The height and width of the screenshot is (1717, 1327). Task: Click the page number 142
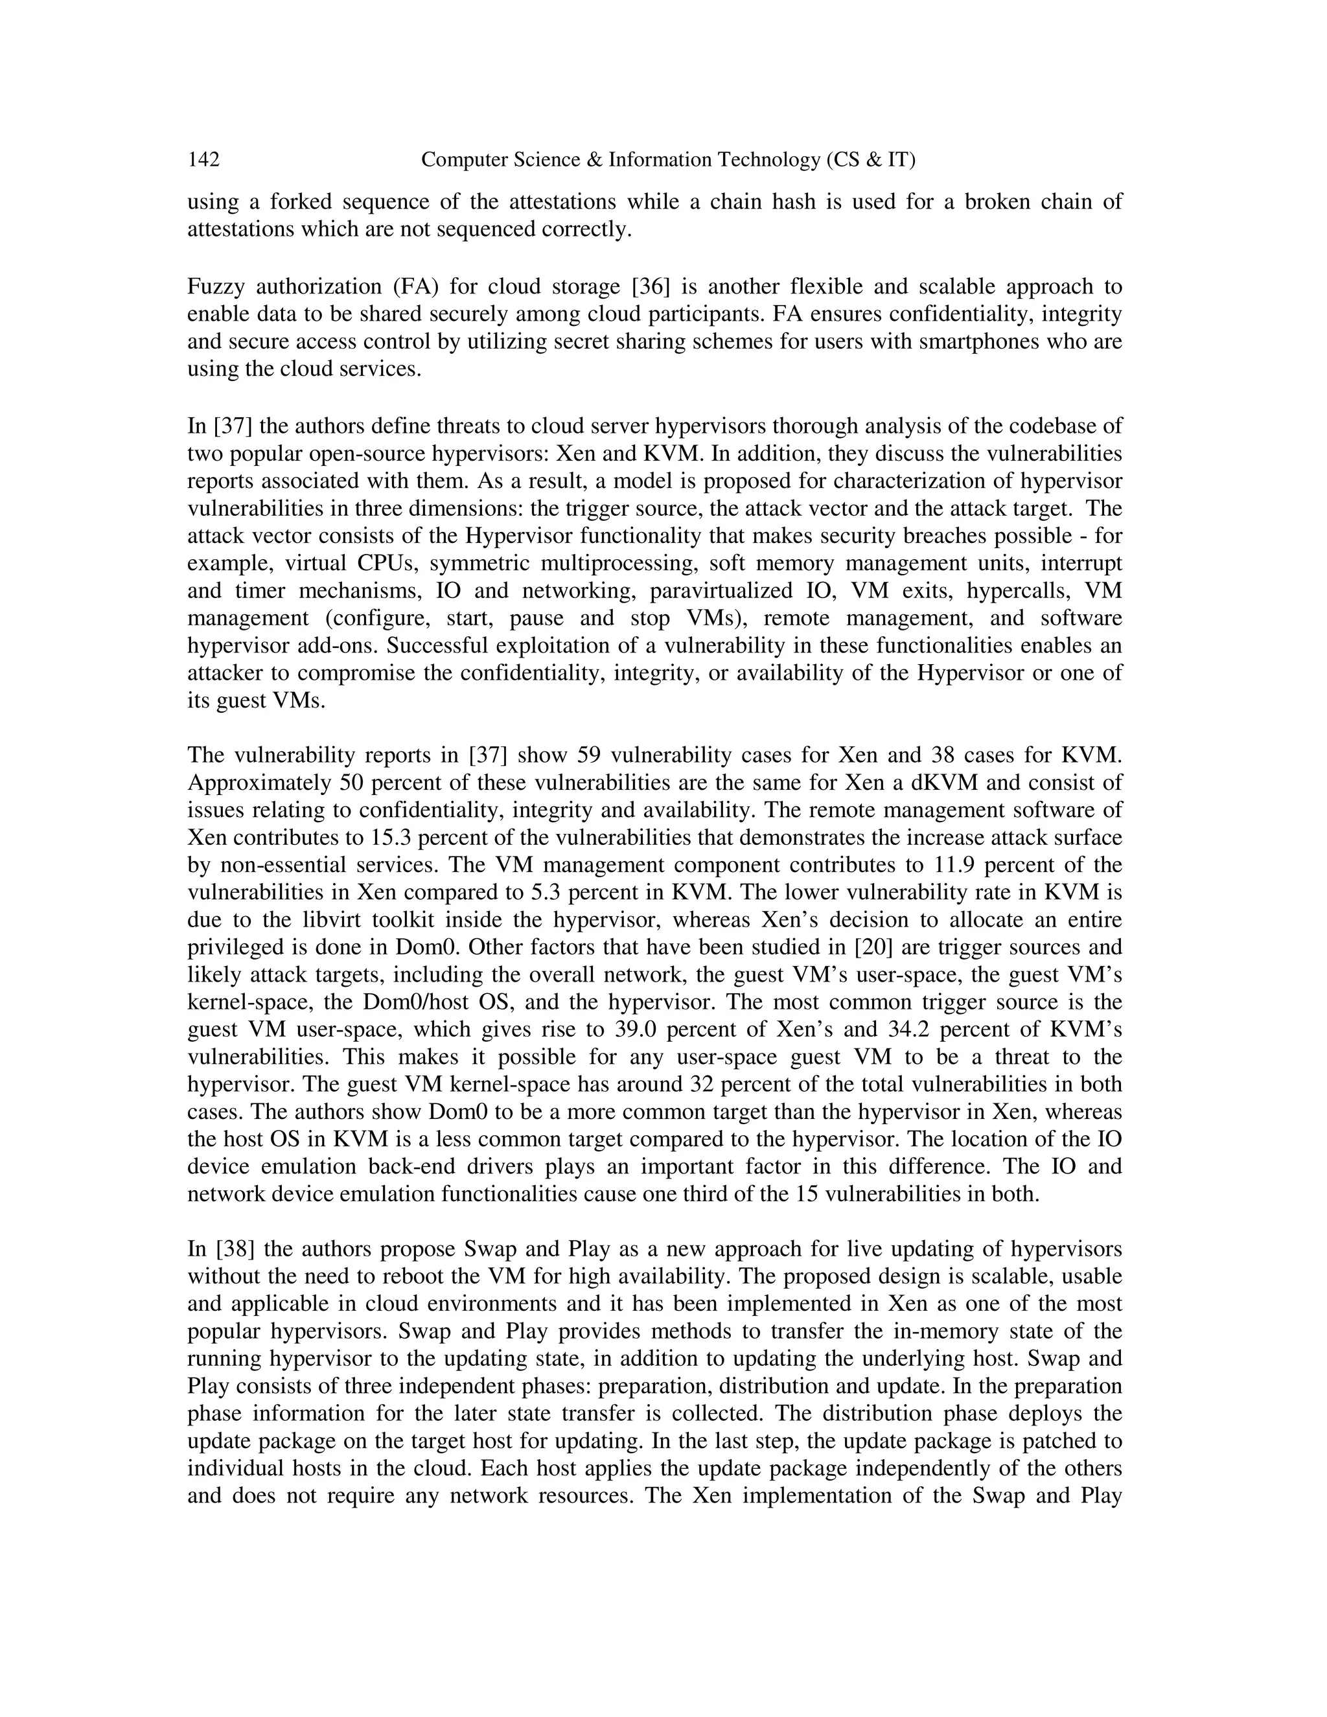click(x=203, y=161)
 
